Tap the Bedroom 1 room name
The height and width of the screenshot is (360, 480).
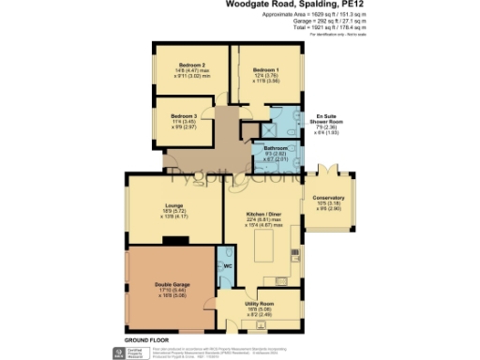pos(265,69)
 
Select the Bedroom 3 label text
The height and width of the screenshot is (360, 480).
pos(183,115)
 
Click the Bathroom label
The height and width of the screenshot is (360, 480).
pos(275,148)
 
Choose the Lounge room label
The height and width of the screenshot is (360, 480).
pos(172,205)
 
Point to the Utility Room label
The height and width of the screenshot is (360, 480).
pos(259,305)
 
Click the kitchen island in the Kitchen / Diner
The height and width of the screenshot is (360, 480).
pos(264,249)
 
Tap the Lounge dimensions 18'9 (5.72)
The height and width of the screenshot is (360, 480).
pos(172,212)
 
